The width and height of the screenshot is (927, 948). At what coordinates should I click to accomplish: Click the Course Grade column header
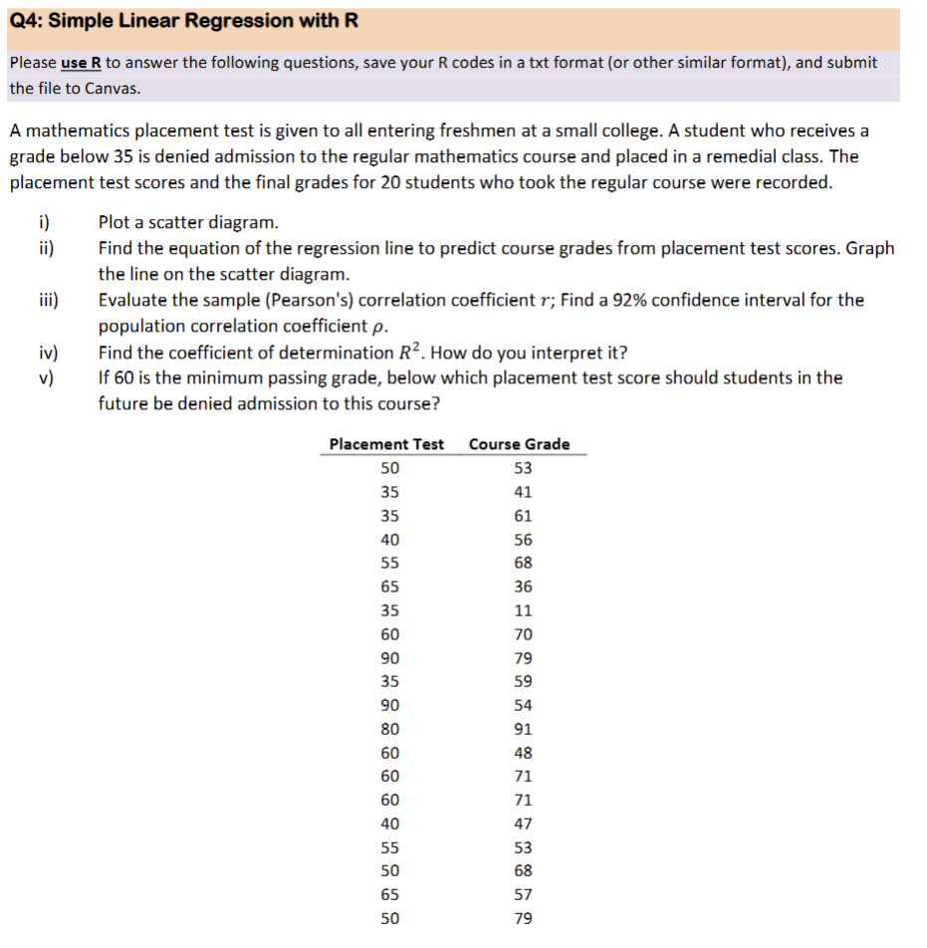pos(519,444)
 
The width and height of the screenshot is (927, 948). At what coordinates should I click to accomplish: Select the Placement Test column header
pos(386,444)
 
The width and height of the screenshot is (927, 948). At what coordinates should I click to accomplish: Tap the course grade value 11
pos(523,610)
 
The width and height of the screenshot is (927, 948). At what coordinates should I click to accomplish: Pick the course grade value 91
pos(523,729)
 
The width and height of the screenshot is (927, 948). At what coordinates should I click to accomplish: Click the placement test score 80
pos(390,729)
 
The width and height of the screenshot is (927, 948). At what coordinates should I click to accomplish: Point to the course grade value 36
pos(523,587)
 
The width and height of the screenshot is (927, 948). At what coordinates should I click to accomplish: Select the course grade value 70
pos(523,634)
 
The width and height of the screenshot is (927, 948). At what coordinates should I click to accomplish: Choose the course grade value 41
pos(523,492)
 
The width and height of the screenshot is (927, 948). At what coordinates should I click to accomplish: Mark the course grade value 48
pos(523,753)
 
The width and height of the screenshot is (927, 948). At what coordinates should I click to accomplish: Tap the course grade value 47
pos(523,824)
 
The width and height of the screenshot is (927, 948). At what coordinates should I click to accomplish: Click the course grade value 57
pos(523,894)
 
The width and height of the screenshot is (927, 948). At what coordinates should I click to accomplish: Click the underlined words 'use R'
pos(82,63)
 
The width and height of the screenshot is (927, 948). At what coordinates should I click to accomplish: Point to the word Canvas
pos(109,88)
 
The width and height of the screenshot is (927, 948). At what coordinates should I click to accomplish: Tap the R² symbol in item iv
pos(412,352)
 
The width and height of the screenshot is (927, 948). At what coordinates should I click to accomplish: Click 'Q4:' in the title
pos(29,21)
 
